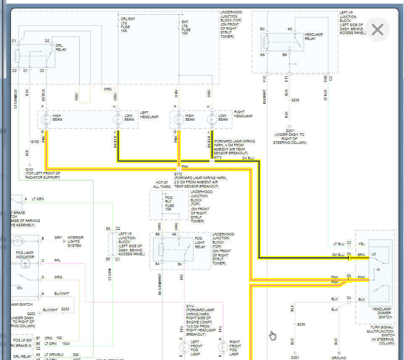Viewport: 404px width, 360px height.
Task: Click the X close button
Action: [x=378, y=29]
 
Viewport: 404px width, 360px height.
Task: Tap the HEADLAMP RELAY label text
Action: [x=314, y=37]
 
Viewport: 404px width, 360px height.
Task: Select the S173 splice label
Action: [x=217, y=157]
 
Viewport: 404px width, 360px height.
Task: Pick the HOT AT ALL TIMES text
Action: [x=162, y=184]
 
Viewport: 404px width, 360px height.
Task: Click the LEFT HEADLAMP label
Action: [x=150, y=115]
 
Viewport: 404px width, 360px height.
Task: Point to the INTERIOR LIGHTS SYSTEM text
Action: [x=75, y=241]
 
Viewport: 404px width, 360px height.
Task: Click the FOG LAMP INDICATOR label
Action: [x=25, y=254]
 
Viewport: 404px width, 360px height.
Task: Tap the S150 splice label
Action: [x=35, y=142]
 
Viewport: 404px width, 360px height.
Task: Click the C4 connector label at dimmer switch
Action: [x=349, y=254]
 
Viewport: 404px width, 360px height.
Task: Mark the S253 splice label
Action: [x=65, y=309]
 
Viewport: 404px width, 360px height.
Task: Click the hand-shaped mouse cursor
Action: [x=273, y=335]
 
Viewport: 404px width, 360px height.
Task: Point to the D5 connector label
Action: [x=349, y=276]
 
